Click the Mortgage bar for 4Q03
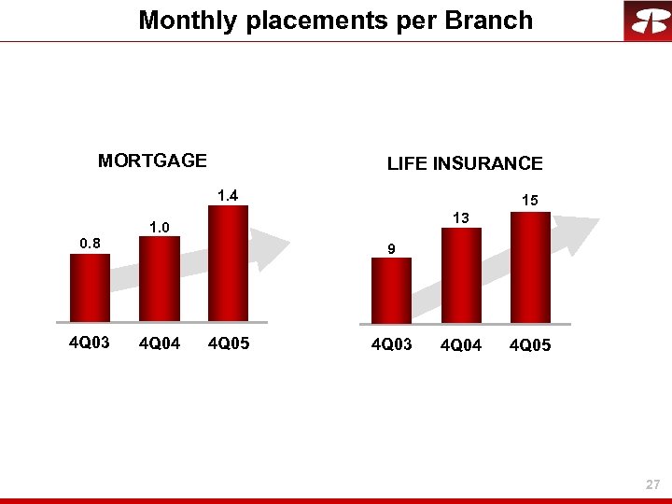(x=90, y=287)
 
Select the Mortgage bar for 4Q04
(x=159, y=278)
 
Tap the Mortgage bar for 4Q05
(x=228, y=263)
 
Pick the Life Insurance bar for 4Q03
(x=391, y=289)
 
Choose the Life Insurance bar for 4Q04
(x=460, y=275)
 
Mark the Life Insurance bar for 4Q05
(x=529, y=267)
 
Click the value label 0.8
(x=90, y=244)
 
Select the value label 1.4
(x=228, y=195)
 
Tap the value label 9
(x=392, y=248)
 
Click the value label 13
(x=460, y=218)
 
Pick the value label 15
(x=529, y=201)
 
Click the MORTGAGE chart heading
(x=152, y=161)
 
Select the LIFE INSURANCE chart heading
(x=465, y=163)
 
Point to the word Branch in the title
(x=487, y=20)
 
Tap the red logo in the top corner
(x=647, y=21)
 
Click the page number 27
(x=652, y=484)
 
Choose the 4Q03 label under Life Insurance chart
(x=392, y=345)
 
